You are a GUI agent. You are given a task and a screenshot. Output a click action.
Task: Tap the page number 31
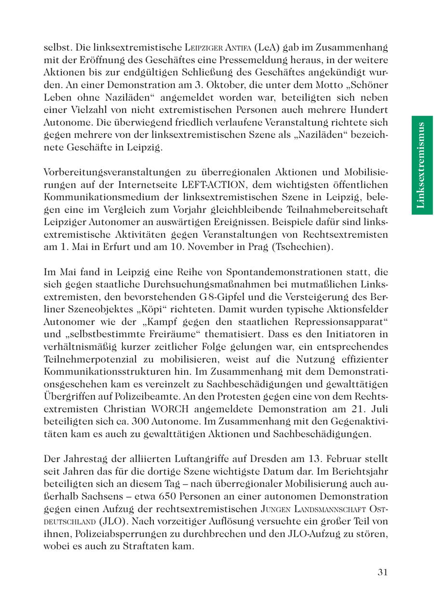(x=383, y=572)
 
